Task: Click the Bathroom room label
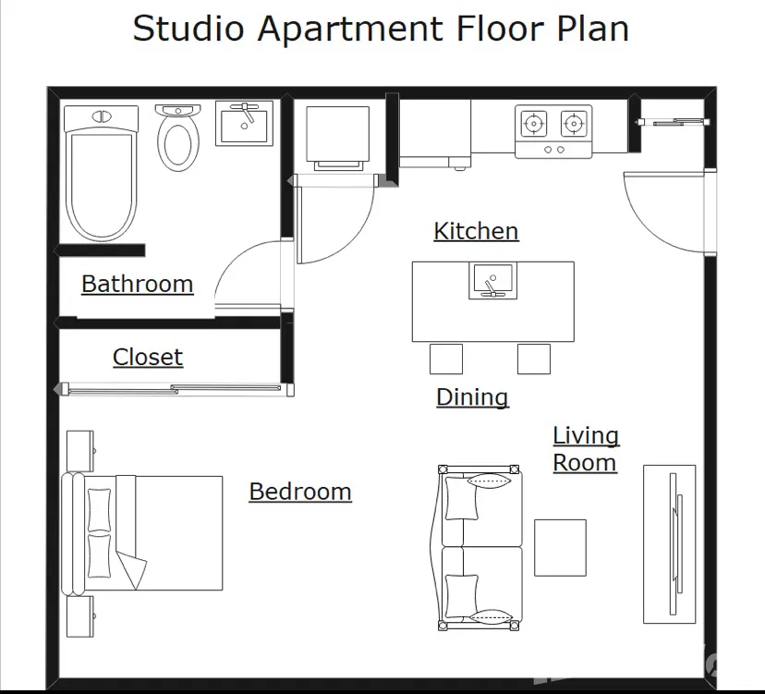137,284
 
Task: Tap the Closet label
148,357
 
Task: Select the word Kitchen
476,231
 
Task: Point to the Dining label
472,397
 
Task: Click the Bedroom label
300,492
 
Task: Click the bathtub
102,173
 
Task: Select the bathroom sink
245,124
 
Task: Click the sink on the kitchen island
492,281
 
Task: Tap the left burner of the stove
534,124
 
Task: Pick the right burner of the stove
573,124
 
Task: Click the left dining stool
446,359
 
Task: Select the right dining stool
534,359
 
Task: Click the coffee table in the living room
560,548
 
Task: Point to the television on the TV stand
675,544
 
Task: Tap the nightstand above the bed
80,450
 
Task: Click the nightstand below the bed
80,616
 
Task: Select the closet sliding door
174,389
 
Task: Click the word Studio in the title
188,29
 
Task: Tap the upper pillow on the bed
99,510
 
